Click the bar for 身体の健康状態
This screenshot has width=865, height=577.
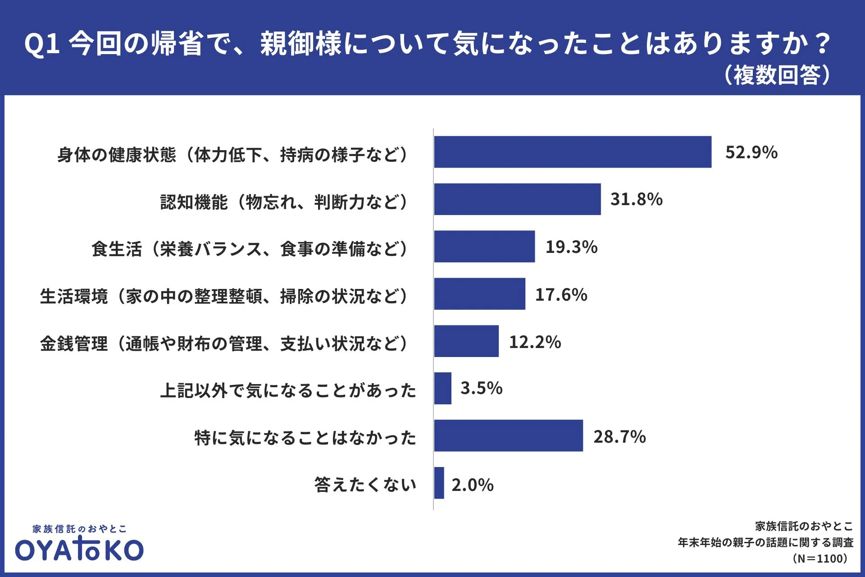tap(573, 152)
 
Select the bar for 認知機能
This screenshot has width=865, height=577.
tap(517, 199)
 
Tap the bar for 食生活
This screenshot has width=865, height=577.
tap(484, 247)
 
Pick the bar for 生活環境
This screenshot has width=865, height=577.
tap(479, 294)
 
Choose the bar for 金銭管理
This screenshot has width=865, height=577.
tap(466, 341)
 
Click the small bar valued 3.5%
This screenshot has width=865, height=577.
tap(443, 389)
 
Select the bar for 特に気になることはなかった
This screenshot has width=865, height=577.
tap(508, 435)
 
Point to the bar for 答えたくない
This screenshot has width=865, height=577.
tap(439, 483)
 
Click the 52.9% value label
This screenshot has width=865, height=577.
tap(751, 152)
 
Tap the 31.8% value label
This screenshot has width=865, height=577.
tap(636, 199)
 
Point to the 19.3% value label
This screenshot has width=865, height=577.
tap(571, 247)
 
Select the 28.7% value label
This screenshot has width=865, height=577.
tap(619, 437)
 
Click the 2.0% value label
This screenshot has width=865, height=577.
tap(472, 485)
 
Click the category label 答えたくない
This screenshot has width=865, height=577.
tap(365, 485)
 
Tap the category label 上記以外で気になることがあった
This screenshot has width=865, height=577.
tap(288, 390)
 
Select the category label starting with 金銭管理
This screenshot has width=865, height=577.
tap(224, 343)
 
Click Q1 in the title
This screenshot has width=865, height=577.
tap(41, 44)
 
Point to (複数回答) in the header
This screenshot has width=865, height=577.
tap(777, 75)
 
